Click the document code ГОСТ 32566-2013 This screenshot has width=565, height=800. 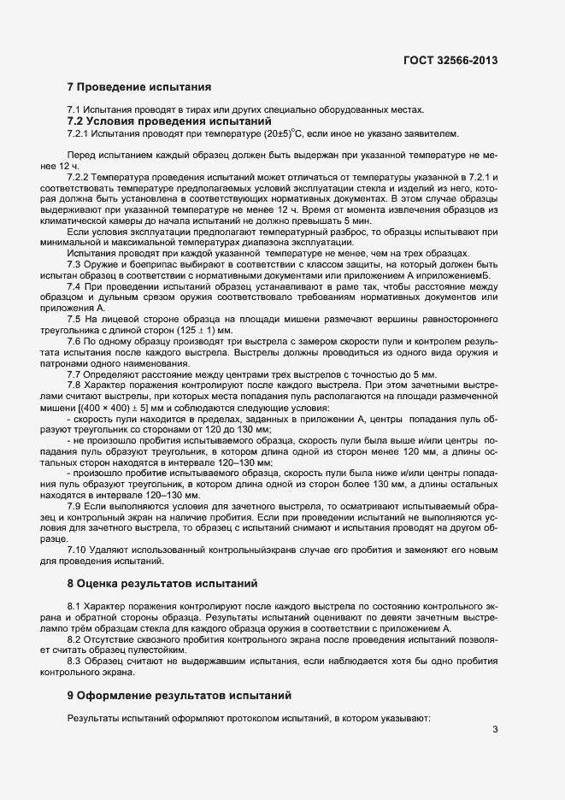click(450, 61)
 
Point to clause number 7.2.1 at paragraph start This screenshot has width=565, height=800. click(78, 134)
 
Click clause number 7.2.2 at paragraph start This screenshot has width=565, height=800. click(78, 175)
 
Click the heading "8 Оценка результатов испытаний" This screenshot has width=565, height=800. click(162, 585)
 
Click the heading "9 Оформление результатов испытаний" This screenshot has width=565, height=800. click(180, 695)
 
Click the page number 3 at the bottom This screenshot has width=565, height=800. click(495, 729)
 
